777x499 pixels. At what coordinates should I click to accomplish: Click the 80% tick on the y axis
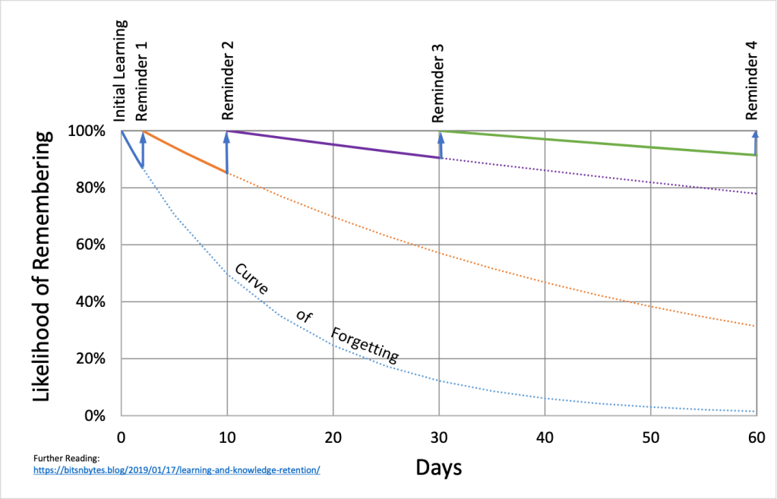click(96, 188)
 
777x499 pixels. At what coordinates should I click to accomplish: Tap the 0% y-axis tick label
click(100, 416)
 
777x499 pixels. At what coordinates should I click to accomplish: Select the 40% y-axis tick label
click(96, 302)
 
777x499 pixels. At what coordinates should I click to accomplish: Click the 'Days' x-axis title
click(438, 466)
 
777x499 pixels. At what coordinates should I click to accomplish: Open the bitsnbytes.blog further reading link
click(177, 470)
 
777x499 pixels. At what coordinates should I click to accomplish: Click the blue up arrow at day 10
click(227, 152)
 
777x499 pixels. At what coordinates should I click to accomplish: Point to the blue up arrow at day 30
click(441, 145)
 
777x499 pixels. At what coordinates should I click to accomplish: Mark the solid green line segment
click(600, 142)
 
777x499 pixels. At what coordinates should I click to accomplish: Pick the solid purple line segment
click(334, 144)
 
